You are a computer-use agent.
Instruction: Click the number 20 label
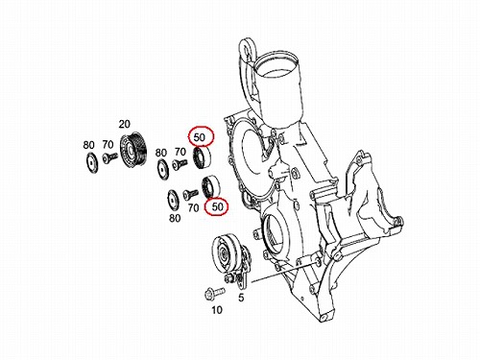125,124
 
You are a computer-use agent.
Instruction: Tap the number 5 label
241,298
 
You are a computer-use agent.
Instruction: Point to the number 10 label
217,310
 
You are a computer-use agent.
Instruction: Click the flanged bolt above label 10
214,293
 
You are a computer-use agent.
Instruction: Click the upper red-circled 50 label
199,137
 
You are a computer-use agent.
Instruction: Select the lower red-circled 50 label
217,206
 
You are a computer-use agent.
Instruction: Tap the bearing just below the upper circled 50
203,157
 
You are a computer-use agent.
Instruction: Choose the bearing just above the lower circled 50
210,186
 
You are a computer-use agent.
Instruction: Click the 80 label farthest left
88,145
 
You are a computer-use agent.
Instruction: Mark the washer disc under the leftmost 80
92,163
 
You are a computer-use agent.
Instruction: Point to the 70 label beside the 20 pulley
108,145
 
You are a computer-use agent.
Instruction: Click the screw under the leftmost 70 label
109,157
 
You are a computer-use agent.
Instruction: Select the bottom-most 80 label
175,218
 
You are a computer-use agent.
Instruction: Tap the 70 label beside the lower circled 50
193,208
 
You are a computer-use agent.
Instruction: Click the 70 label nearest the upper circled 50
180,151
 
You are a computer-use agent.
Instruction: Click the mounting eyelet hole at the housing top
247,49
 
